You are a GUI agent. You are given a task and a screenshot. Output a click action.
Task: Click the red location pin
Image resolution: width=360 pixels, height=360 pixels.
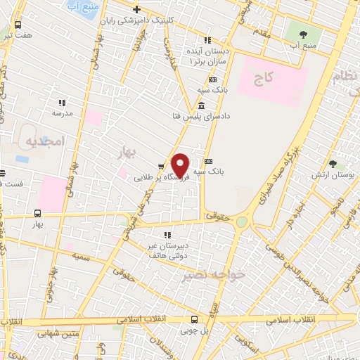click(181, 165)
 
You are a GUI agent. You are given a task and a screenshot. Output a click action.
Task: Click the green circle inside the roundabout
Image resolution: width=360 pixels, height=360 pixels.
click(242, 222)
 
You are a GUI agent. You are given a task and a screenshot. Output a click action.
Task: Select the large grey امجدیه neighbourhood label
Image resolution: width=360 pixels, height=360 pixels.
click(44, 141)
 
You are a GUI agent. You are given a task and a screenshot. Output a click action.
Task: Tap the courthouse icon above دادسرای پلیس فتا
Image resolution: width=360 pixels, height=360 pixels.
click(202, 105)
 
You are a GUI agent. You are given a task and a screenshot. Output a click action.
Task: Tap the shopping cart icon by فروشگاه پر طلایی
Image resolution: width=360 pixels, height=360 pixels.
click(162, 167)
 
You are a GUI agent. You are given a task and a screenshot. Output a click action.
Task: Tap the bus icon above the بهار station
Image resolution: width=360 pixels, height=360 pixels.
click(37, 213)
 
